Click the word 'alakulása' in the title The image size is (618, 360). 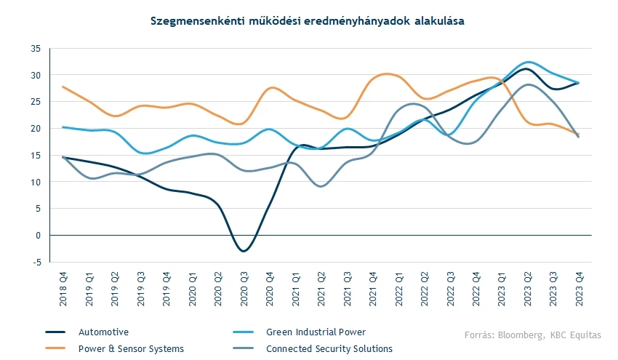[x=435, y=22]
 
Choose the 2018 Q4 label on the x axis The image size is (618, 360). [x=63, y=284]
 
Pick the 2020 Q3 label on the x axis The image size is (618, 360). [x=244, y=284]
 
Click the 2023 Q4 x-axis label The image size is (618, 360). [x=580, y=284]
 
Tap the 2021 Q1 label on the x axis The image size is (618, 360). [x=295, y=284]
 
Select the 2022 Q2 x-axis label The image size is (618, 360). [x=425, y=284]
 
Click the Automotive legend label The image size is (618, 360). [x=103, y=332]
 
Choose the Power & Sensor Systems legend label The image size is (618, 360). [x=131, y=349]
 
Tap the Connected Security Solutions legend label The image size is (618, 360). [x=329, y=349]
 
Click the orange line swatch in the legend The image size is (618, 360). [x=56, y=349]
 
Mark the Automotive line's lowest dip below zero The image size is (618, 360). [x=244, y=251]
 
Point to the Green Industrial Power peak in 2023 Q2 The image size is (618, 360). [x=529, y=62]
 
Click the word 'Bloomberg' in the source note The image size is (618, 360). [x=521, y=335]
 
